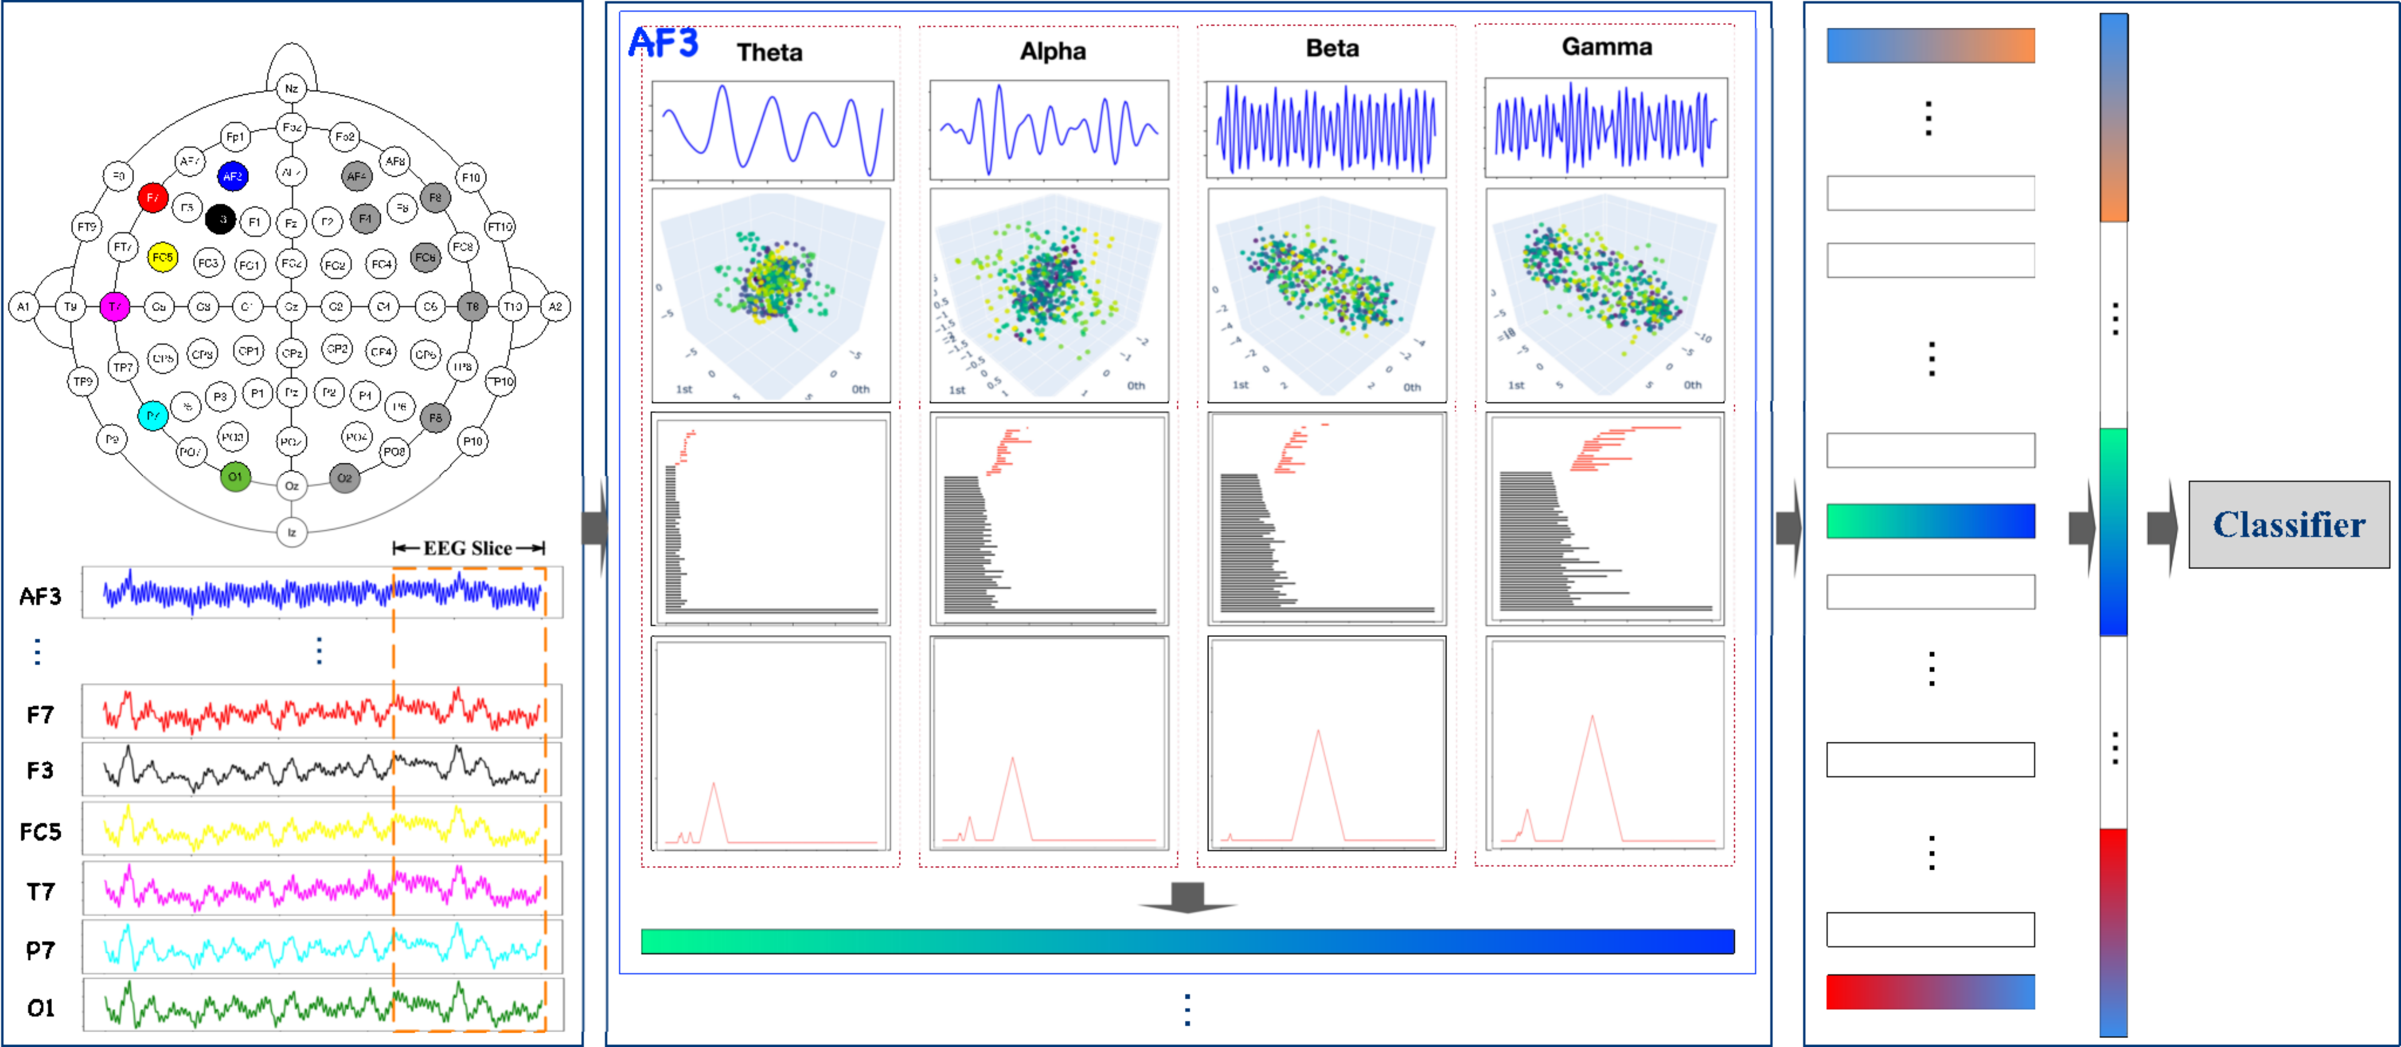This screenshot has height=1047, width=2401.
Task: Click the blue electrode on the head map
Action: (232, 176)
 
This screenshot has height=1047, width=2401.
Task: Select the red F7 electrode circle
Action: (152, 198)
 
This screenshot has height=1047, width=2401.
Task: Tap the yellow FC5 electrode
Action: (162, 257)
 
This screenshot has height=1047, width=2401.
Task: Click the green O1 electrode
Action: (235, 477)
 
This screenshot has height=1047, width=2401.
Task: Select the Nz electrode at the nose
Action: (292, 89)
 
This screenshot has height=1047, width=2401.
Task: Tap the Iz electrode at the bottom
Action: (292, 532)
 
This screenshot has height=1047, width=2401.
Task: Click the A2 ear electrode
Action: (556, 307)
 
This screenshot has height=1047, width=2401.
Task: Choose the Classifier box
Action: (2288, 525)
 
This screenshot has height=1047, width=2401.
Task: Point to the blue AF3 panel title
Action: (663, 43)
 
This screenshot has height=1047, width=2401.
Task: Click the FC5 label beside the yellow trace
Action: (40, 831)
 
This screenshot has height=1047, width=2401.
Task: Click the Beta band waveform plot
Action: (1326, 129)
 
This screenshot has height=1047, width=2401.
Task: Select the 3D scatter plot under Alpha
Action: (1048, 295)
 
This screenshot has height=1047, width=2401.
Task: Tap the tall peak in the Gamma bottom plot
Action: (1592, 719)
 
